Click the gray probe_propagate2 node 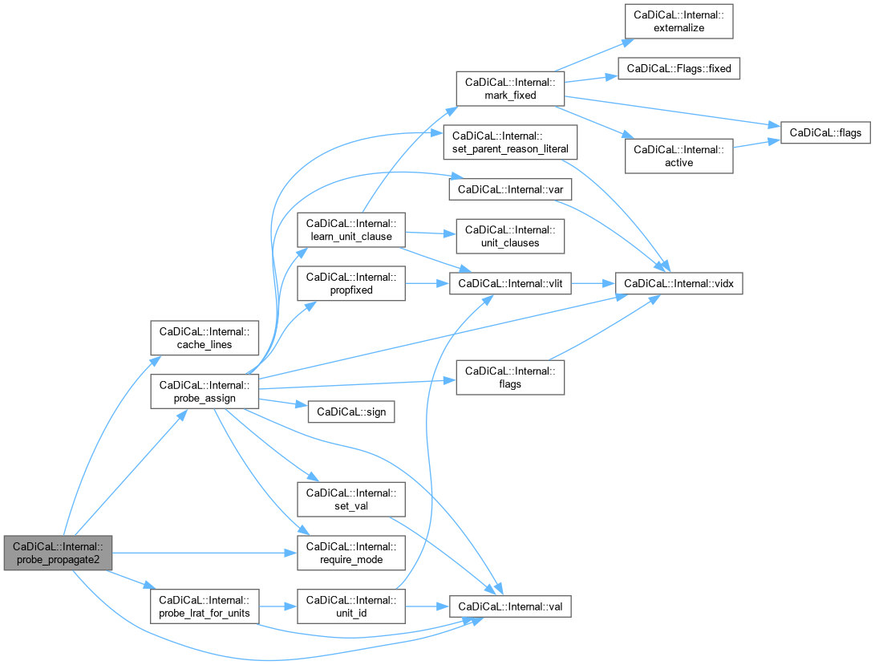pyautogui.click(x=58, y=553)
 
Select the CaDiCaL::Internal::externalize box pyautogui.click(x=679, y=21)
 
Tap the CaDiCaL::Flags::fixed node pyautogui.click(x=679, y=69)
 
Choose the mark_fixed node pyautogui.click(x=510, y=89)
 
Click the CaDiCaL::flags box pyautogui.click(x=825, y=133)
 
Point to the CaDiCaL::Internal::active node pyautogui.click(x=679, y=156)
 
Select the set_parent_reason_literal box pyautogui.click(x=510, y=142)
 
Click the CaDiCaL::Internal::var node pyautogui.click(x=510, y=189)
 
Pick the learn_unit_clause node pyautogui.click(x=351, y=229)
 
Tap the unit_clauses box pyautogui.click(x=510, y=236)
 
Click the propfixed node pyautogui.click(x=351, y=283)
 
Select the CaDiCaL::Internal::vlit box pyautogui.click(x=510, y=284)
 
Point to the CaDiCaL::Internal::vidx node pyautogui.click(x=679, y=284)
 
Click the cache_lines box pyautogui.click(x=205, y=338)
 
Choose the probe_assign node pyautogui.click(x=205, y=391)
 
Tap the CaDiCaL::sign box pyautogui.click(x=351, y=412)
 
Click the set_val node pyautogui.click(x=351, y=499)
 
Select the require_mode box pyautogui.click(x=351, y=553)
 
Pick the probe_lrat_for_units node pyautogui.click(x=205, y=606)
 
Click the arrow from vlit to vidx pyautogui.click(x=593, y=284)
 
